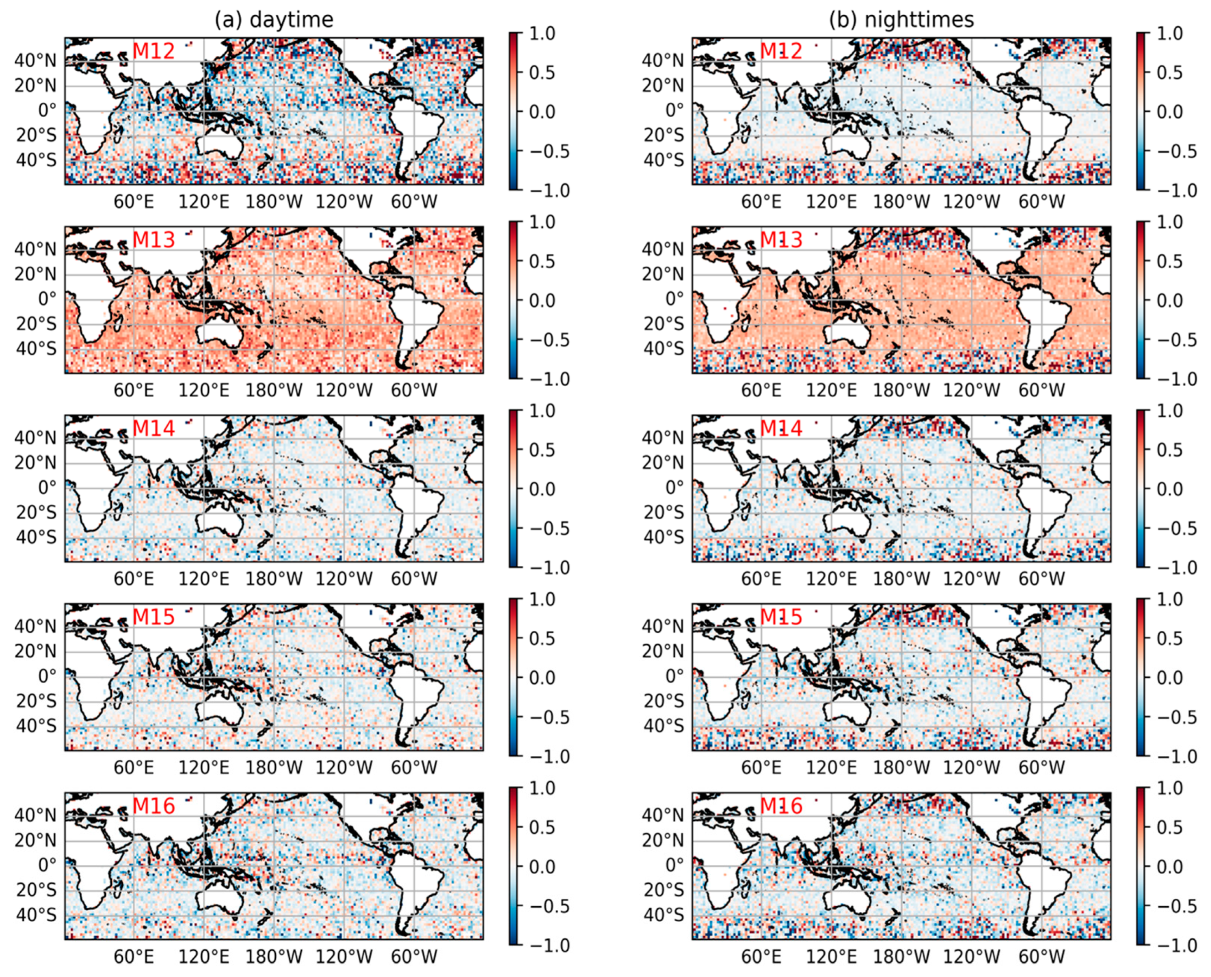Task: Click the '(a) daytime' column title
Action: point(274,20)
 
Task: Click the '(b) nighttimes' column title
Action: point(902,20)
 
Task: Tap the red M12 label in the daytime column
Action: point(154,51)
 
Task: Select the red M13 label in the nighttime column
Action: point(781,240)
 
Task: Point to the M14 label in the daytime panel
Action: point(154,428)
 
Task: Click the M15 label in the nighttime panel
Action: point(781,617)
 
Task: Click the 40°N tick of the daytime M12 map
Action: point(36,60)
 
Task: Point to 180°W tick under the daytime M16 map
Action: point(274,956)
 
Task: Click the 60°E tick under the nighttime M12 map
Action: point(761,202)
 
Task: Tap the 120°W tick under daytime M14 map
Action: point(344,579)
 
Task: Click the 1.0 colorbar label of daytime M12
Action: point(542,34)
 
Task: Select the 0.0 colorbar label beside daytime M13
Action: point(542,300)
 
